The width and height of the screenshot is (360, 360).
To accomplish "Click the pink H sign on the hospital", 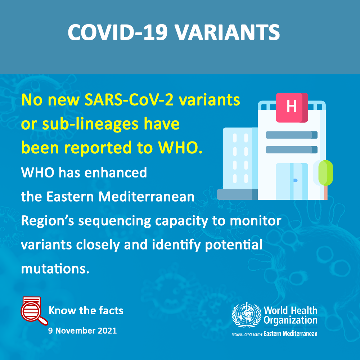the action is point(292,107).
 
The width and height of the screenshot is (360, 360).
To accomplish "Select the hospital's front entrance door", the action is point(292,181).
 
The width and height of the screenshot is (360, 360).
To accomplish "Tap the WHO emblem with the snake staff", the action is point(247,315).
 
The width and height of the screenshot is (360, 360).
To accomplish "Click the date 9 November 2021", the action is point(82,330).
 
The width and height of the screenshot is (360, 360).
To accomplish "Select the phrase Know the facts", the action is point(86,311).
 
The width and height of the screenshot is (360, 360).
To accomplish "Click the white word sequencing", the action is point(114,221).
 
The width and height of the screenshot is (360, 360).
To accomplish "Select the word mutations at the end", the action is point(55,269).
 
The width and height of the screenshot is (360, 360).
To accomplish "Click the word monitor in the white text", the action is point(256,221).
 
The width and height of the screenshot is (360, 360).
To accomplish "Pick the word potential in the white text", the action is point(234,245).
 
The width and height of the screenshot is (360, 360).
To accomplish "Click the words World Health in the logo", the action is point(291,310).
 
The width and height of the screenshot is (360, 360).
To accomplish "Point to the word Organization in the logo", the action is point(291,320).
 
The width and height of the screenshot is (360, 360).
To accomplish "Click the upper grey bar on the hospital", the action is point(292,135).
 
